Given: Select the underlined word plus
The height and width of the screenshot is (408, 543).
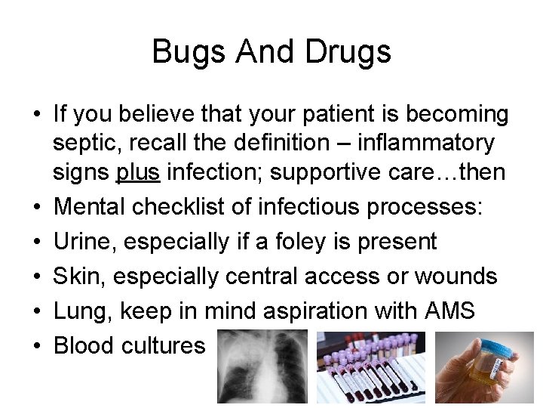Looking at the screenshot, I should coord(138,172).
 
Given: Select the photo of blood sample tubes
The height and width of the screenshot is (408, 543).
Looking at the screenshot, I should coord(372,367).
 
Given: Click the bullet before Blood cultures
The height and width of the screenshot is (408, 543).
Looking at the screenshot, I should coord(36,345).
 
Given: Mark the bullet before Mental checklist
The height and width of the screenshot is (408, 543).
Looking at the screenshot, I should coord(36,206).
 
